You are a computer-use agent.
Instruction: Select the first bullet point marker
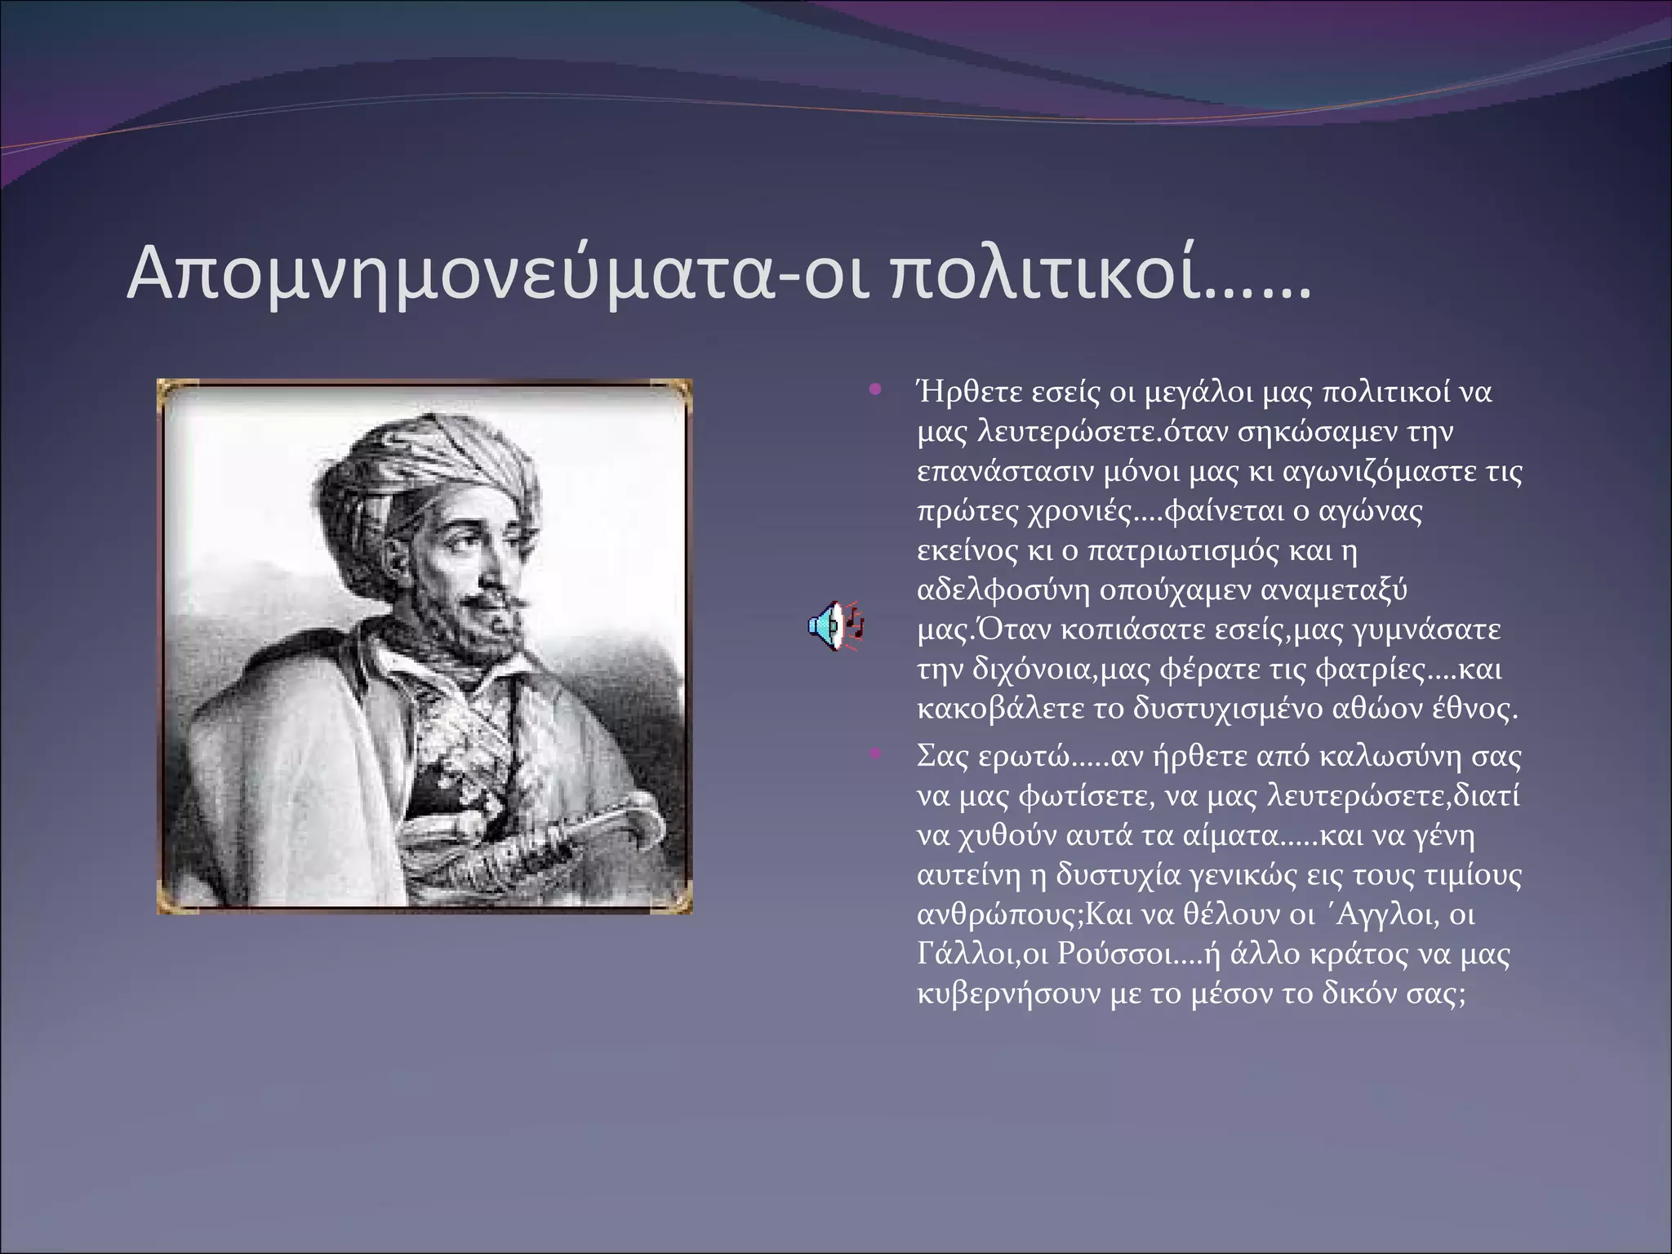point(876,389)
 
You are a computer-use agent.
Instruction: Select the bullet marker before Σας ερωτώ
point(876,753)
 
